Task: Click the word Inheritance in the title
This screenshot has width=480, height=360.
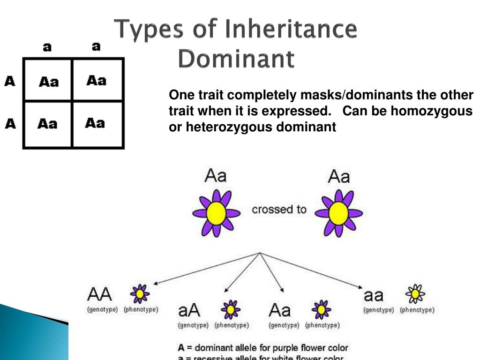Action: pyautogui.click(x=291, y=30)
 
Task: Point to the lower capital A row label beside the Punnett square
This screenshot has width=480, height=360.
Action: pyautogui.click(x=10, y=124)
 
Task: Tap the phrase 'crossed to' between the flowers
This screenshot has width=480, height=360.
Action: pyautogui.click(x=279, y=209)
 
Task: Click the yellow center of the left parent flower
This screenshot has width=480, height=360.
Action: pyautogui.click(x=217, y=213)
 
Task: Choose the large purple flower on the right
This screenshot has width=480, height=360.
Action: pyautogui.click(x=338, y=213)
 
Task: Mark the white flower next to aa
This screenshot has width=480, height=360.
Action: pyautogui.click(x=415, y=294)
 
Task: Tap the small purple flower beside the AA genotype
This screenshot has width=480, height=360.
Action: pyautogui.click(x=140, y=294)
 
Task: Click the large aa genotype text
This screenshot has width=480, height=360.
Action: pyautogui.click(x=374, y=295)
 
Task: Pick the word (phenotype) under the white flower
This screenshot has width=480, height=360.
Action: pyautogui.click(x=417, y=310)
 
